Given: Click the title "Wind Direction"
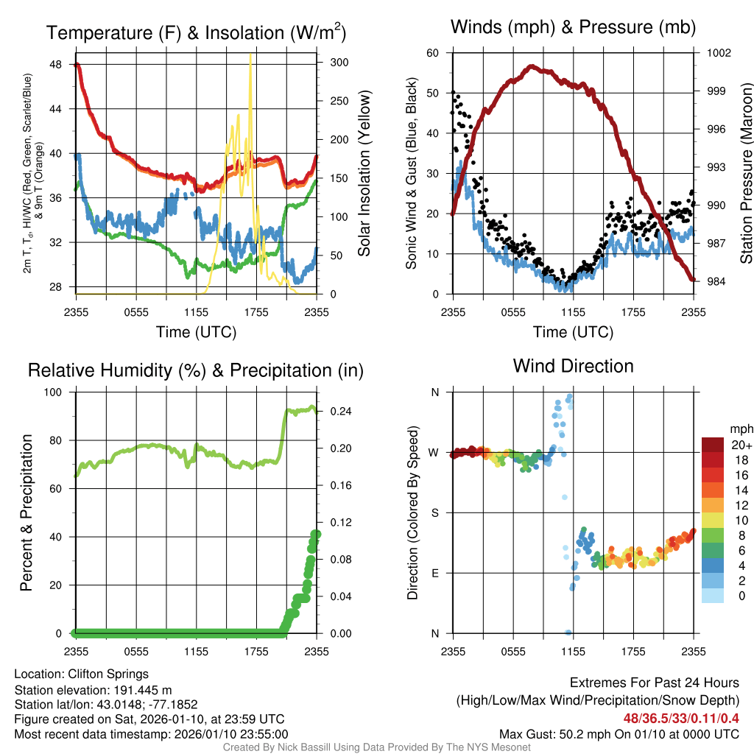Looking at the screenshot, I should tap(573, 366).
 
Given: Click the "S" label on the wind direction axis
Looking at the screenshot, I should tap(434, 512).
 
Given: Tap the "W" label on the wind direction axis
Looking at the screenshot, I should tap(434, 452).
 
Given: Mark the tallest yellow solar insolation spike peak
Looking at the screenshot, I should tap(251, 55).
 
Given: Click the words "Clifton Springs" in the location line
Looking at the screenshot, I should tap(108, 674).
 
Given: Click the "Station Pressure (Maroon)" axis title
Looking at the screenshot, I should tap(746, 174).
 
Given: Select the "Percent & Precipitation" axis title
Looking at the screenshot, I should tap(27, 512).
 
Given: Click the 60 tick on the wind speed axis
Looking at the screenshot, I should tap(433, 53).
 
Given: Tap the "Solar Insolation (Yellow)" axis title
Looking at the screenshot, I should tap(364, 174).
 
